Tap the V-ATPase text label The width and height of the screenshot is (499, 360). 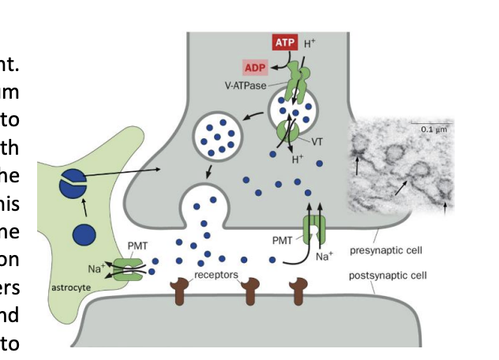(x=246, y=85)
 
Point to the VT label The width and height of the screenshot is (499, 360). (x=317, y=142)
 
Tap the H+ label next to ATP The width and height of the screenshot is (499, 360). (x=310, y=43)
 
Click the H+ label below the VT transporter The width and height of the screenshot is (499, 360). (x=298, y=159)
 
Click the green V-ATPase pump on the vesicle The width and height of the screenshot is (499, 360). (x=297, y=82)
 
